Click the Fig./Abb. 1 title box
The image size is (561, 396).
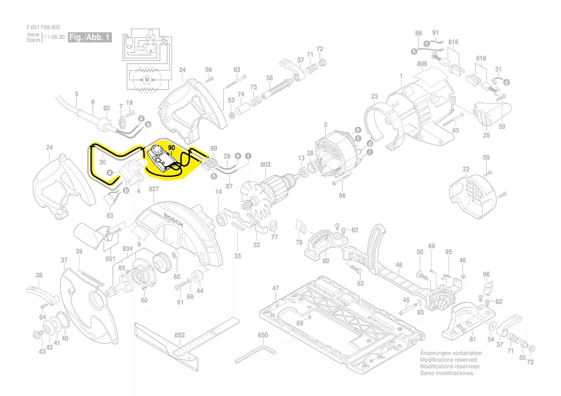(x=90, y=37)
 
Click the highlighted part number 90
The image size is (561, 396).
(x=172, y=149)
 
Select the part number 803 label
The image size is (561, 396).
(x=265, y=165)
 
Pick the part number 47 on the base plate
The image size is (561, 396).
(x=275, y=288)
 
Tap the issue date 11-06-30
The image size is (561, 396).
(x=54, y=37)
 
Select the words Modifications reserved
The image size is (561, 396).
(x=448, y=360)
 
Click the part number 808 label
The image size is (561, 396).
(x=422, y=64)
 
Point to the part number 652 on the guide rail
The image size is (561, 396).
(x=180, y=336)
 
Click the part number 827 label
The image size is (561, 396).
(x=154, y=189)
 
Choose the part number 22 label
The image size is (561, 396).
(x=466, y=169)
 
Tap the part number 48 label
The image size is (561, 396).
(x=399, y=265)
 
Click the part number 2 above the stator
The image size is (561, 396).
(x=325, y=125)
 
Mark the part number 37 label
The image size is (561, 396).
(x=64, y=260)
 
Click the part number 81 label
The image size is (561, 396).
(x=472, y=339)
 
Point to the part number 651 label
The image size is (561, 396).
(x=111, y=258)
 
